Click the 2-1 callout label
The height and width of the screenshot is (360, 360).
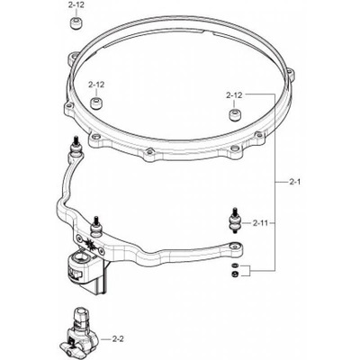click(294, 182)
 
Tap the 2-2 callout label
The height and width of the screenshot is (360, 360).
click(117, 339)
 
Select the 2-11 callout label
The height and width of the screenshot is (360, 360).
click(261, 223)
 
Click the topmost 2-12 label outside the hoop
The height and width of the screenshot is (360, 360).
click(76, 5)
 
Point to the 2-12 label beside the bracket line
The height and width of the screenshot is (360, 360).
click(234, 95)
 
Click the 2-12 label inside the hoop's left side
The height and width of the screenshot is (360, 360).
click(96, 85)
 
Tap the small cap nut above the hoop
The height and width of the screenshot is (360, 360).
click(76, 23)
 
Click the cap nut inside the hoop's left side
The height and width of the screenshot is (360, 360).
click(96, 103)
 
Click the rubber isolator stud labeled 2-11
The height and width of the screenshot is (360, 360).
click(234, 222)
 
